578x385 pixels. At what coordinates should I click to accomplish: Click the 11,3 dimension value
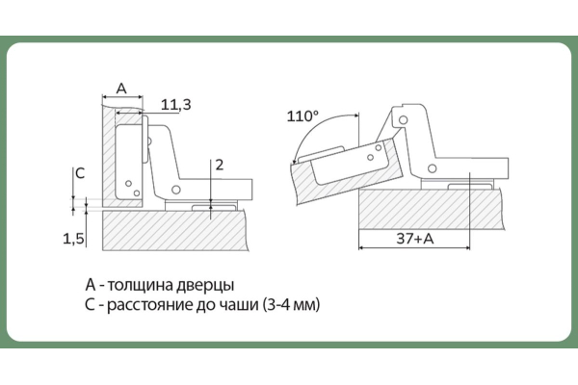pyautogui.click(x=176, y=105)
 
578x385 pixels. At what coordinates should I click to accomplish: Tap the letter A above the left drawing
pyautogui.click(x=121, y=89)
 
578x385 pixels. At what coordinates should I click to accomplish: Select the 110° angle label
pyautogui.click(x=302, y=116)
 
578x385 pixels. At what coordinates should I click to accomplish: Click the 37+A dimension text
pyautogui.click(x=415, y=239)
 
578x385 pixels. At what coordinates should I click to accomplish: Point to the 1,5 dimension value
pyautogui.click(x=74, y=239)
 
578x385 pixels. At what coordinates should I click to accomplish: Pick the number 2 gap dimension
pyautogui.click(x=220, y=165)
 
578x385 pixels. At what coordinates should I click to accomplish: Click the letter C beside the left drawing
pyautogui.click(x=80, y=173)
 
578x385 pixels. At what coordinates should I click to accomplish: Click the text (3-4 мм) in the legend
pyautogui.click(x=292, y=305)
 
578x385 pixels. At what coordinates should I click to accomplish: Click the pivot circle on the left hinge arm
pyautogui.click(x=176, y=190)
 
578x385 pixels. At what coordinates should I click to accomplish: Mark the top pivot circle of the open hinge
pyautogui.click(x=404, y=120)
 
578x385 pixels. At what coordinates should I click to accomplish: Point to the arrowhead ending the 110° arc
pyautogui.click(x=294, y=161)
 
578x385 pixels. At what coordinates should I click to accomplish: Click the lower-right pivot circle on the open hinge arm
pyautogui.click(x=432, y=168)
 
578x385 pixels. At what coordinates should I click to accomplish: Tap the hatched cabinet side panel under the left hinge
pyautogui.click(x=173, y=231)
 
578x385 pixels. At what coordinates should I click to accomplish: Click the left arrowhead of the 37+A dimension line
pyautogui.click(x=361, y=247)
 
